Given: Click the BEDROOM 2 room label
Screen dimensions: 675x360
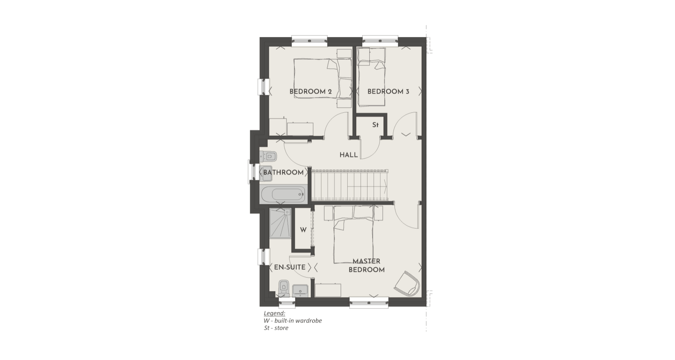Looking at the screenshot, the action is click(310, 91).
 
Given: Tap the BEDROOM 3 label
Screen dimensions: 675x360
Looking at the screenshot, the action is click(388, 91).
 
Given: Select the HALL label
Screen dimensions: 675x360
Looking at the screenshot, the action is click(349, 155).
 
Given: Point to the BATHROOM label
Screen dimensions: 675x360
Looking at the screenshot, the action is click(283, 172).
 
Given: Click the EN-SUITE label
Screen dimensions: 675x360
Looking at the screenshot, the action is click(290, 267).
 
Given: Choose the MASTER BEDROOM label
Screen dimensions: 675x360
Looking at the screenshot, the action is click(367, 265).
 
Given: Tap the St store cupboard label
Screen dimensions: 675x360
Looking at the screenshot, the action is click(375, 125).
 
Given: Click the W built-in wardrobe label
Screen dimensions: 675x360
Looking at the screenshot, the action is click(303, 230).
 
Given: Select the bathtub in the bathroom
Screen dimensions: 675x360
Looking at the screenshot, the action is click(283, 195).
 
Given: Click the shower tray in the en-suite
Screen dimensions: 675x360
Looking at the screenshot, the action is click(280, 223).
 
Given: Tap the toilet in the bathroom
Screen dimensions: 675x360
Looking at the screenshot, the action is click(268, 155).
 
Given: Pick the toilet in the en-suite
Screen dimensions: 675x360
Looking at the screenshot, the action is click(284, 288).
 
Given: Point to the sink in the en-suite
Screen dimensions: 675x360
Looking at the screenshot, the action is click(300, 290).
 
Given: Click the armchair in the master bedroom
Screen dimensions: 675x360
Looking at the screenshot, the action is click(407, 283).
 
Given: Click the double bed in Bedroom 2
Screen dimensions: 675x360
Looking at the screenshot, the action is click(322, 78).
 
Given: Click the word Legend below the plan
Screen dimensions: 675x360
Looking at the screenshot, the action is click(274, 313).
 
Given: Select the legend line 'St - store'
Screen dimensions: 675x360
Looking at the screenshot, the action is click(276, 328).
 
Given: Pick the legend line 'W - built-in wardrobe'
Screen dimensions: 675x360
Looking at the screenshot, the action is click(293, 321).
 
